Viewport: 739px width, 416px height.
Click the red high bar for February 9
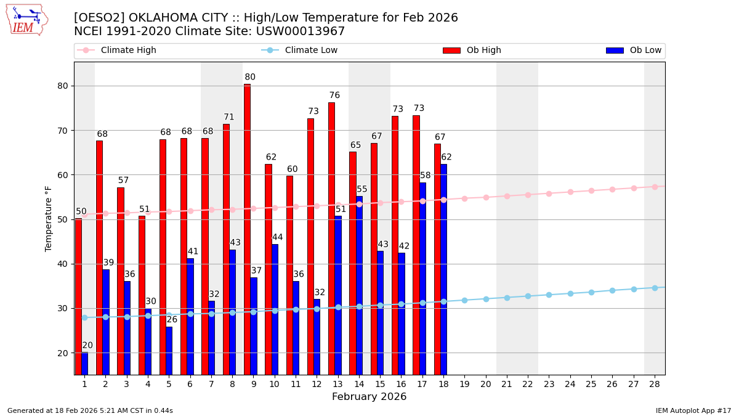247,229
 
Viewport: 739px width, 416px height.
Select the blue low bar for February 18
443,269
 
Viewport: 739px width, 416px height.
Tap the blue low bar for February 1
84,364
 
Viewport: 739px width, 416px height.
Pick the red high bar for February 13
331,239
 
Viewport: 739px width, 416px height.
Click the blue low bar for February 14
359,285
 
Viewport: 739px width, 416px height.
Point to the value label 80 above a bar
250,78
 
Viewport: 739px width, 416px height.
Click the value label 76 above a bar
334,96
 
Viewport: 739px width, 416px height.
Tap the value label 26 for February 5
172,319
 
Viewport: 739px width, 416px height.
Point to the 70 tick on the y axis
62,131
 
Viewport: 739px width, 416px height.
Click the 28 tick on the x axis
654,384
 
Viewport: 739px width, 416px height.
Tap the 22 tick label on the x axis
528,384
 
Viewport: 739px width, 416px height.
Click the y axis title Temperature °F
49,218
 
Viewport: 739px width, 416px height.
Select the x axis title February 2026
369,397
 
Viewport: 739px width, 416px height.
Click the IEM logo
26,20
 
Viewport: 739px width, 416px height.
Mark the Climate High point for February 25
591,190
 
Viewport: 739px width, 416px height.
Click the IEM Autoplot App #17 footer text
693,410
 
